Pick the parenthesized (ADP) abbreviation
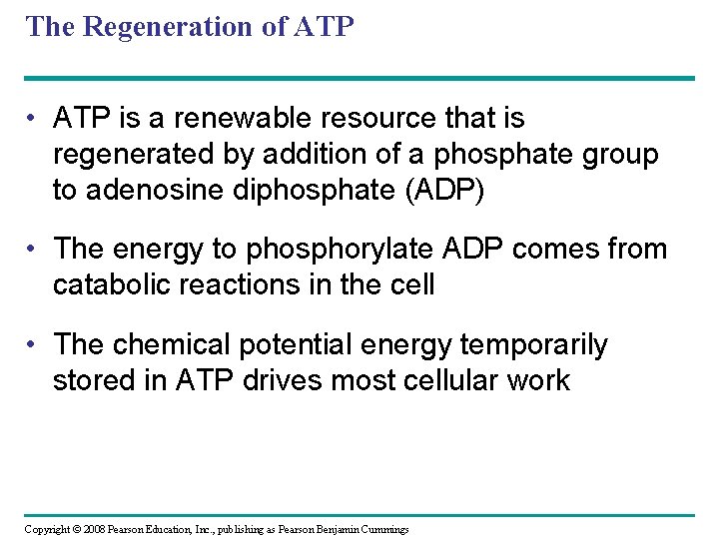tap(442, 191)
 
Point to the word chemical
tap(174, 344)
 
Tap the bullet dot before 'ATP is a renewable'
tap(34, 119)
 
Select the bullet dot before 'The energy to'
tap(34, 249)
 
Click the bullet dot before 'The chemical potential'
tap(34, 344)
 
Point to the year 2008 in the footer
tap(96, 528)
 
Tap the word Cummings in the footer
tap(380, 528)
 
